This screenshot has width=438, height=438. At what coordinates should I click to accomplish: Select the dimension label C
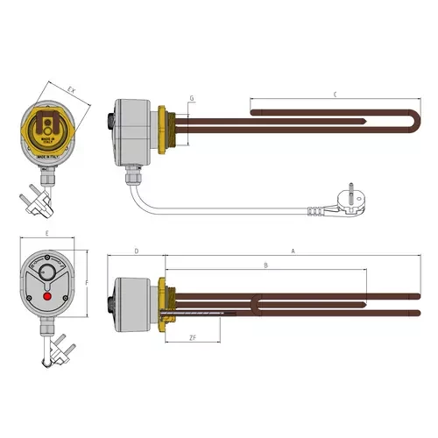[336, 95]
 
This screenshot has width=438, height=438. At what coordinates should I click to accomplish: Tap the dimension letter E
[46, 236]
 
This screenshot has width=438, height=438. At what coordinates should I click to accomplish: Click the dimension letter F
[88, 283]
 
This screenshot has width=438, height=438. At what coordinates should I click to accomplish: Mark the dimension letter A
[293, 251]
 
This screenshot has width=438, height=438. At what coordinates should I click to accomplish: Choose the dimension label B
[265, 265]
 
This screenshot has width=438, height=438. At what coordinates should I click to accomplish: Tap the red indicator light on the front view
[46, 301]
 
